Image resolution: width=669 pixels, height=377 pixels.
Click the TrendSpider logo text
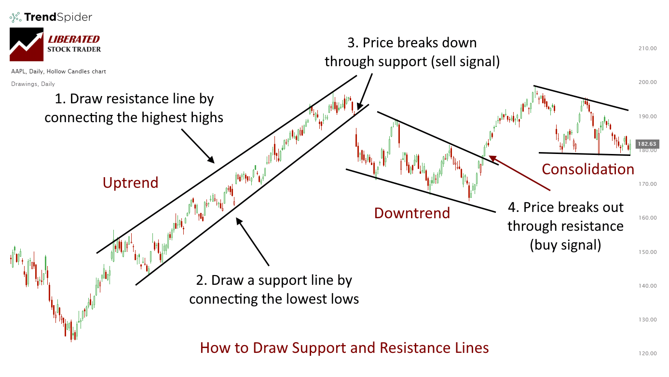[x=57, y=17]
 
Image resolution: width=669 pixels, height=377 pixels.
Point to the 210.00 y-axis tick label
[x=647, y=48]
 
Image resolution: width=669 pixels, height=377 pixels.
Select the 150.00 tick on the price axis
[x=647, y=252]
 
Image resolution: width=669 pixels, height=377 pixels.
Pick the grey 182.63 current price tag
[x=647, y=144]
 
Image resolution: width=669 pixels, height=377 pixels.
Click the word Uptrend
[x=130, y=182]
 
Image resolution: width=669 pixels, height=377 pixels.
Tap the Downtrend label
[x=412, y=213]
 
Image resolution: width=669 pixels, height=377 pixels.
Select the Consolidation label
[x=587, y=169]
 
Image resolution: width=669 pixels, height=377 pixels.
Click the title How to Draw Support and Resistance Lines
[x=344, y=348]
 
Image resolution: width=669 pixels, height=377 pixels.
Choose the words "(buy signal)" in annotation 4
[x=565, y=245]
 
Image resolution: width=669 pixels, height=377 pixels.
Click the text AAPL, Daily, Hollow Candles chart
[x=58, y=71]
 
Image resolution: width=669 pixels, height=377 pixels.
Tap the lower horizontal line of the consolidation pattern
[x=584, y=154]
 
